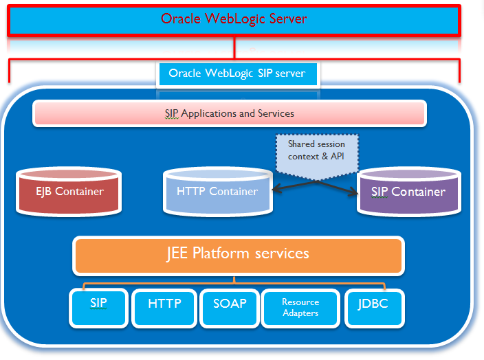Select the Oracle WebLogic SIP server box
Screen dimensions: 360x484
[236, 74]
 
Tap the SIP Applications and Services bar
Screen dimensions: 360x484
[229, 113]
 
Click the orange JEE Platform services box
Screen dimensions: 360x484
[237, 254]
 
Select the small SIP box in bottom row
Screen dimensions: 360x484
[98, 306]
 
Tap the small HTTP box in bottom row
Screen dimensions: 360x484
[164, 306]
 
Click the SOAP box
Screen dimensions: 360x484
[230, 306]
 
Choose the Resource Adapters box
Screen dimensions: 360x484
[300, 307]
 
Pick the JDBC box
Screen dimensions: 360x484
[374, 306]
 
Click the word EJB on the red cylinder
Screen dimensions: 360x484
[44, 191]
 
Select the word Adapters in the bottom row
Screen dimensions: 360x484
[300, 313]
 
